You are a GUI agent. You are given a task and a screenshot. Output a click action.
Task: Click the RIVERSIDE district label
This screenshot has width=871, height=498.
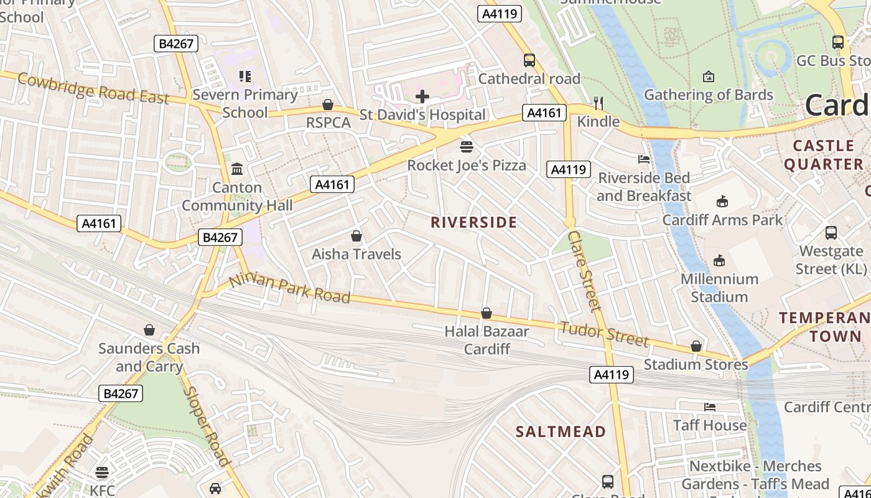coord(473,222)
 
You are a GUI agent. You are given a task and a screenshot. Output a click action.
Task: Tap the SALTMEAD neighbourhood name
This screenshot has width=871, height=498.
coord(561,431)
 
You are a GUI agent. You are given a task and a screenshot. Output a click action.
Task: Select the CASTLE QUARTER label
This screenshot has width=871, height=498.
coord(823,155)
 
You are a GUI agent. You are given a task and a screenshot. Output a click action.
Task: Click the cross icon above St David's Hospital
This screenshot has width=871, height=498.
coord(422,96)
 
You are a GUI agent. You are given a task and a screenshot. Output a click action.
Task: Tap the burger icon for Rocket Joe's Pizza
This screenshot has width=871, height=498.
coord(466,147)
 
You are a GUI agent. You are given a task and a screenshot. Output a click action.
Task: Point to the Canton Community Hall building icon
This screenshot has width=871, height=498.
coord(237,169)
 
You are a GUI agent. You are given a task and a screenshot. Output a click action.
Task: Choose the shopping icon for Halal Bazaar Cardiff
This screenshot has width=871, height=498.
coord(487,313)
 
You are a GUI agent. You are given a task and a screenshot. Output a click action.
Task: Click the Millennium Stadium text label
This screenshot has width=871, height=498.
coord(719,288)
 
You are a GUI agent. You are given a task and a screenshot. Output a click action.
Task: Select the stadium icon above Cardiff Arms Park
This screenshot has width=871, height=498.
coord(722,202)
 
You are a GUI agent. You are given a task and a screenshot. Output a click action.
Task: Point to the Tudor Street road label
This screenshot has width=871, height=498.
coord(603,334)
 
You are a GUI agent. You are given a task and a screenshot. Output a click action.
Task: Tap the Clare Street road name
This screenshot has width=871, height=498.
coord(585,270)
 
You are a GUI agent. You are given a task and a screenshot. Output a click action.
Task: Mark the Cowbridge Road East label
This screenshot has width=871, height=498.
coord(93,88)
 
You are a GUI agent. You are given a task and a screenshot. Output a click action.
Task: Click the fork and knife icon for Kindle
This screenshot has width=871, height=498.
coord(599,103)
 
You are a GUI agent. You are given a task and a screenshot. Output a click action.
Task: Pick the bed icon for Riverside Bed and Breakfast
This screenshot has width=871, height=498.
coord(644,160)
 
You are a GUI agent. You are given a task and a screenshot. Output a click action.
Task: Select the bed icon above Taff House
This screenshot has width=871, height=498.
coord(710,407)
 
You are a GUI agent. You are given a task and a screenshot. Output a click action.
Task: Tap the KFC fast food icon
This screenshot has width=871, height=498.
coord(102,472)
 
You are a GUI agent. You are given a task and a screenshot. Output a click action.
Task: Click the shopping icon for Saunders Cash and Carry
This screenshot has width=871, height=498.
coord(149,330)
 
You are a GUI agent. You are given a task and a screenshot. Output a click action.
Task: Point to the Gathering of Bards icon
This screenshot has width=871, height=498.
coord(708,77)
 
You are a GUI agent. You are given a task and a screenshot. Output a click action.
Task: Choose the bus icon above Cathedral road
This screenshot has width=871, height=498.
coord(529,60)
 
